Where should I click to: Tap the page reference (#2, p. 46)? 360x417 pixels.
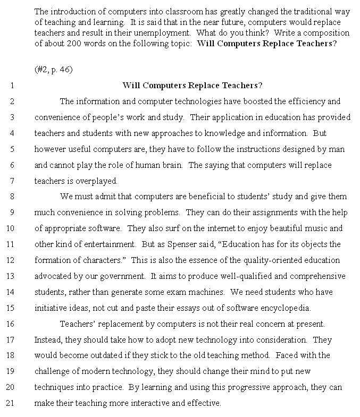pos(53,70)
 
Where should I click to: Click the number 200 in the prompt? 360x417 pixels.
pos(84,44)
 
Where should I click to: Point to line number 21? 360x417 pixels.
pos(10,403)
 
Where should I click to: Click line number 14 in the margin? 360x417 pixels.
pos(10,292)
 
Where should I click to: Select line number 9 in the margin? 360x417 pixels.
pos(11,212)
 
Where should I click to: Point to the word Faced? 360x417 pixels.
pos(288,355)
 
